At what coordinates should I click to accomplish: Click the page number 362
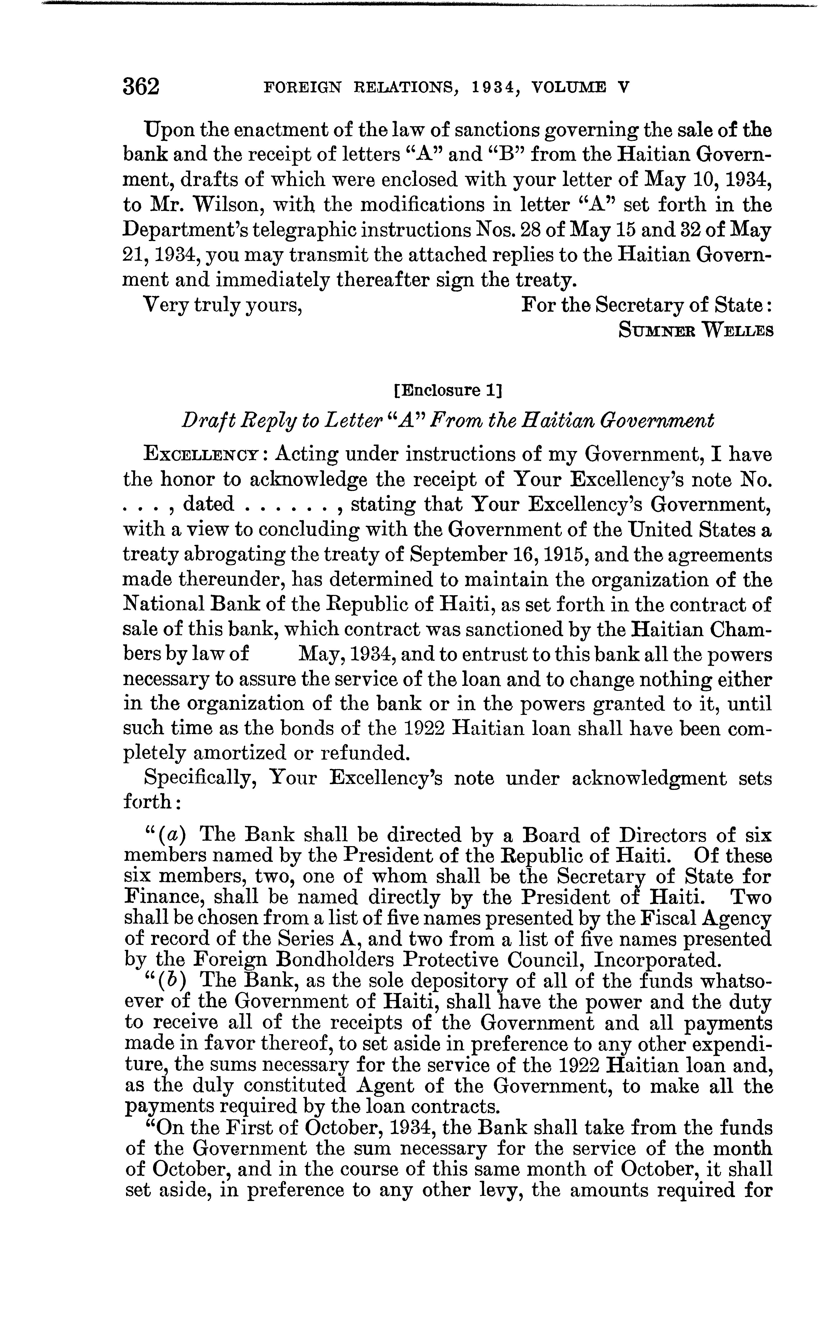(x=141, y=87)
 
